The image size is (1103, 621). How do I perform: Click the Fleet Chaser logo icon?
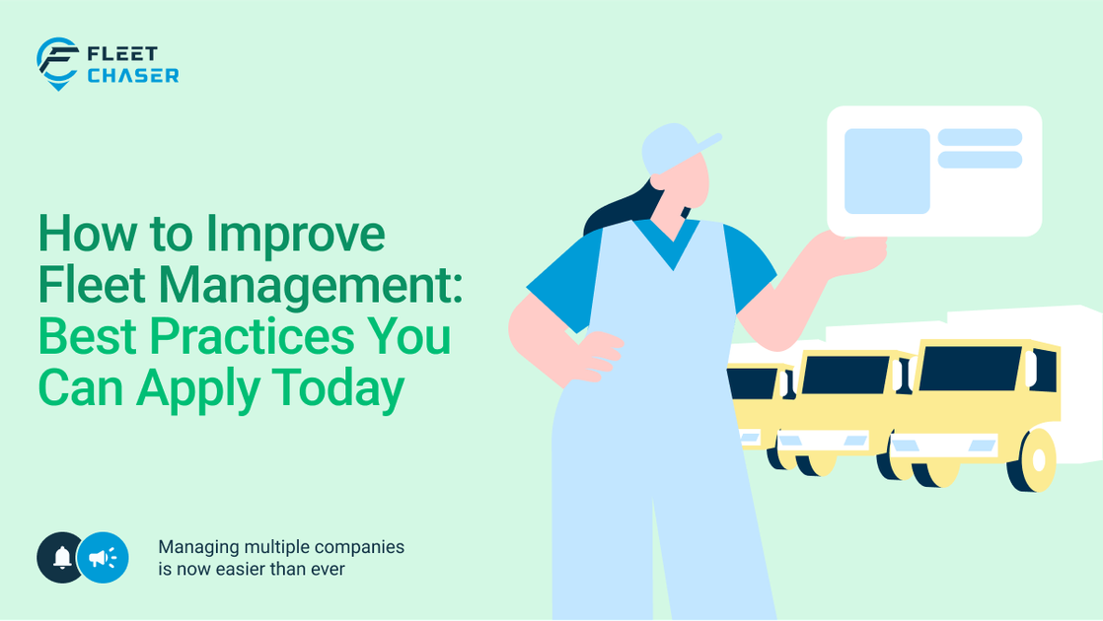click(x=57, y=63)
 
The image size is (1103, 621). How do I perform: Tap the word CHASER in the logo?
click(x=132, y=76)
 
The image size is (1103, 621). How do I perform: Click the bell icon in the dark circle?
click(x=61, y=558)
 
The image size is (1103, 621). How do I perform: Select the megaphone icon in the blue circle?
click(x=103, y=558)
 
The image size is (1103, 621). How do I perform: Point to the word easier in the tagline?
click(x=239, y=569)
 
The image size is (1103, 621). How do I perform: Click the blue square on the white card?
click(x=887, y=171)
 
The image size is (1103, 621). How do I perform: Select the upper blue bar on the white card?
click(x=979, y=137)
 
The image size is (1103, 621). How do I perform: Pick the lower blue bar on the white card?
click(x=979, y=160)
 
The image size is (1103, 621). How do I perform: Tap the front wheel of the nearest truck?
click(x=1037, y=461)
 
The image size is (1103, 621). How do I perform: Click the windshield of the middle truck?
click(x=846, y=375)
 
